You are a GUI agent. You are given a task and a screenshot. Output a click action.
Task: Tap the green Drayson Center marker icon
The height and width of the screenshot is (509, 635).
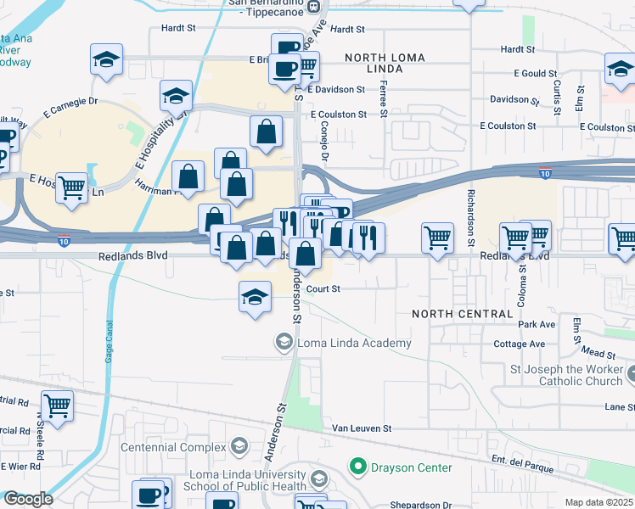(x=357, y=467)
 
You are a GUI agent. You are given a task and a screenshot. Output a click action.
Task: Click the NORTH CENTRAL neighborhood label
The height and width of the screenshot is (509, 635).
(x=463, y=314)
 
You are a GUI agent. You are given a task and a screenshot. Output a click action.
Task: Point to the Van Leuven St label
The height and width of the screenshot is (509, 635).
(x=361, y=429)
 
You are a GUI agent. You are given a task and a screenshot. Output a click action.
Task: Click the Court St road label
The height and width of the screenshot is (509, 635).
(x=323, y=289)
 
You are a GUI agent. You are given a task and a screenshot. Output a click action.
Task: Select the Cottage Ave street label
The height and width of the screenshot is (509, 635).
(x=520, y=344)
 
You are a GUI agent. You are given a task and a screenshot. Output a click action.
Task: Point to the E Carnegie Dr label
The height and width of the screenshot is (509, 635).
(x=70, y=107)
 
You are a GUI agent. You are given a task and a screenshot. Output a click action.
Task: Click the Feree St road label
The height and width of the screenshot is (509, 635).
(x=385, y=106)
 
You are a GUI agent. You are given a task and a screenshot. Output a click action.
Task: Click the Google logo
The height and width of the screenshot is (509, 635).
(x=27, y=499)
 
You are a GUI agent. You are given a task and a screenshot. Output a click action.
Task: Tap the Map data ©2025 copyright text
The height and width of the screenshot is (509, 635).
(x=598, y=502)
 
